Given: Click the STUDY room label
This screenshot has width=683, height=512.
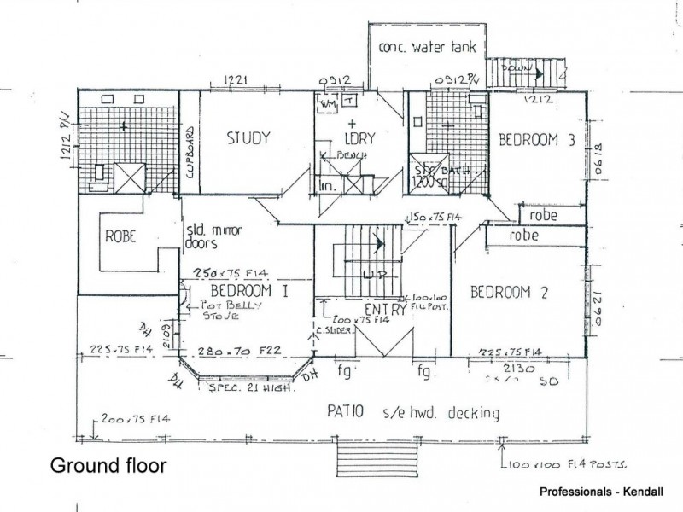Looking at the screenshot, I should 248,137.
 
